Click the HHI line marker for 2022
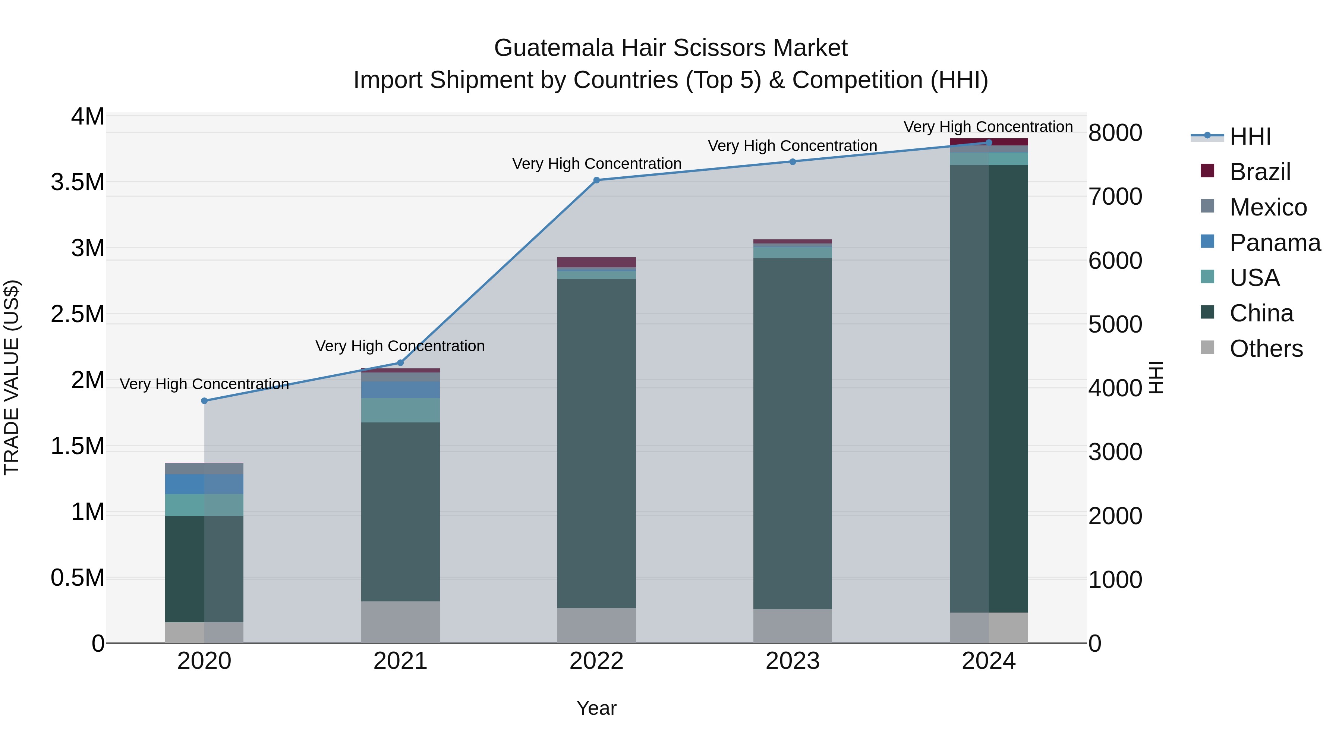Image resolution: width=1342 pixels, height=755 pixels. [x=596, y=180]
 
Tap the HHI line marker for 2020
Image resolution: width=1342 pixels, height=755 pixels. [x=204, y=401]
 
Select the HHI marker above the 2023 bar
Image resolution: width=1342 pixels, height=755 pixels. [x=793, y=161]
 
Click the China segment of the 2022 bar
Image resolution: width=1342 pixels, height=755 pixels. [x=596, y=443]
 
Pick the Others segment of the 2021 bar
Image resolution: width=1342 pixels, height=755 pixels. [x=400, y=622]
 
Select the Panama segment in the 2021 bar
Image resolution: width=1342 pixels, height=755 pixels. [x=400, y=390]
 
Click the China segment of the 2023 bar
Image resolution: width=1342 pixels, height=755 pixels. [x=793, y=432]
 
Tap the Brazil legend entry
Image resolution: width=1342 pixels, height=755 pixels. [x=1260, y=172]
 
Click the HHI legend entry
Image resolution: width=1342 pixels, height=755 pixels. [x=1250, y=136]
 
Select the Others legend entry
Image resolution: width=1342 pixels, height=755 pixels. [x=1266, y=349]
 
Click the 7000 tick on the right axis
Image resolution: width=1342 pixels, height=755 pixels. [x=1115, y=196]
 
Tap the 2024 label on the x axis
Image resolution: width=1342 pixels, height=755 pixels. [x=988, y=661]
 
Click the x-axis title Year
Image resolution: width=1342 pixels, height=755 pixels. [x=596, y=708]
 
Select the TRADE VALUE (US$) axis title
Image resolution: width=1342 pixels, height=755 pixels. [x=12, y=377]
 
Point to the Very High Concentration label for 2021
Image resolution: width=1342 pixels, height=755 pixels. [x=400, y=346]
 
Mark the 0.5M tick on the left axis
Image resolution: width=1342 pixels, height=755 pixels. [x=77, y=578]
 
